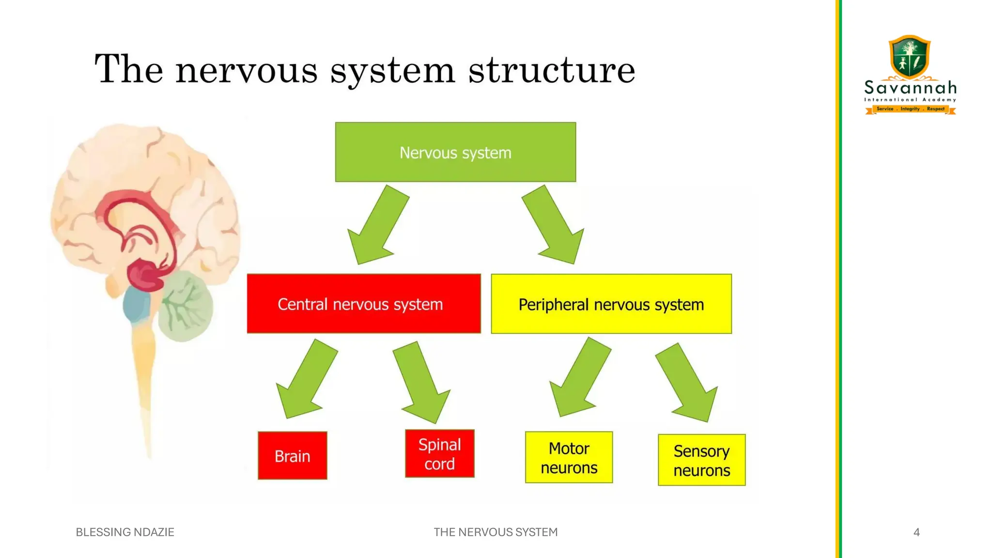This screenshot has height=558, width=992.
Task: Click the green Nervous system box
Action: point(455,152)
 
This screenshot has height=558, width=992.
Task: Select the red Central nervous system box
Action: point(364,304)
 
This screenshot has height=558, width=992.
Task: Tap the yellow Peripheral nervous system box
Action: point(611,304)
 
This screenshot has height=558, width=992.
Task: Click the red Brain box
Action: point(293,455)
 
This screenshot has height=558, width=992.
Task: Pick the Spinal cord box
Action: point(440,453)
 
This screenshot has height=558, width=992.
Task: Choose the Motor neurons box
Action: point(569,457)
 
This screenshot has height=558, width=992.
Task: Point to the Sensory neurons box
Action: point(701,460)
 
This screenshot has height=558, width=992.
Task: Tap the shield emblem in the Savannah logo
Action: point(910,56)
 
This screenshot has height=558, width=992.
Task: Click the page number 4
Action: point(916,532)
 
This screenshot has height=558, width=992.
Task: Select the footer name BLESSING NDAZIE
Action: point(125,532)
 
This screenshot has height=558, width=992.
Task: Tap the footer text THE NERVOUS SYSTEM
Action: point(496,532)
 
